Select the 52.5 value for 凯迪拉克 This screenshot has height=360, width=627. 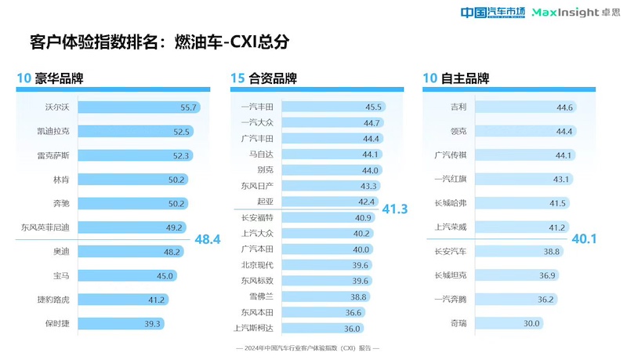point(183,131)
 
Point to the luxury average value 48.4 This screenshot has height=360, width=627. point(208,238)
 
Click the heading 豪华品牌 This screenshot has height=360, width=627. point(58,78)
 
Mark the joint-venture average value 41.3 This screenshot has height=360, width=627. point(394,209)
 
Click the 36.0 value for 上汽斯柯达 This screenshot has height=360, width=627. point(351,328)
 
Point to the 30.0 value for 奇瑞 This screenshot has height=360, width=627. point(532,323)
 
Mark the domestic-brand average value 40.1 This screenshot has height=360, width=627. point(585,238)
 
